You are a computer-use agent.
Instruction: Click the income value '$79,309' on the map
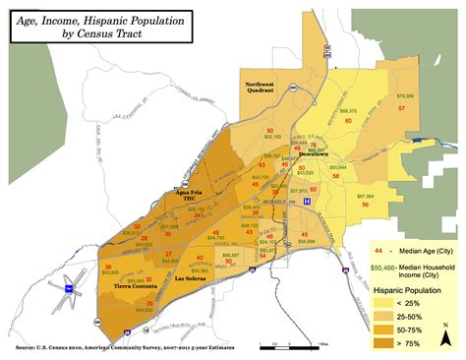[x=404, y=95]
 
